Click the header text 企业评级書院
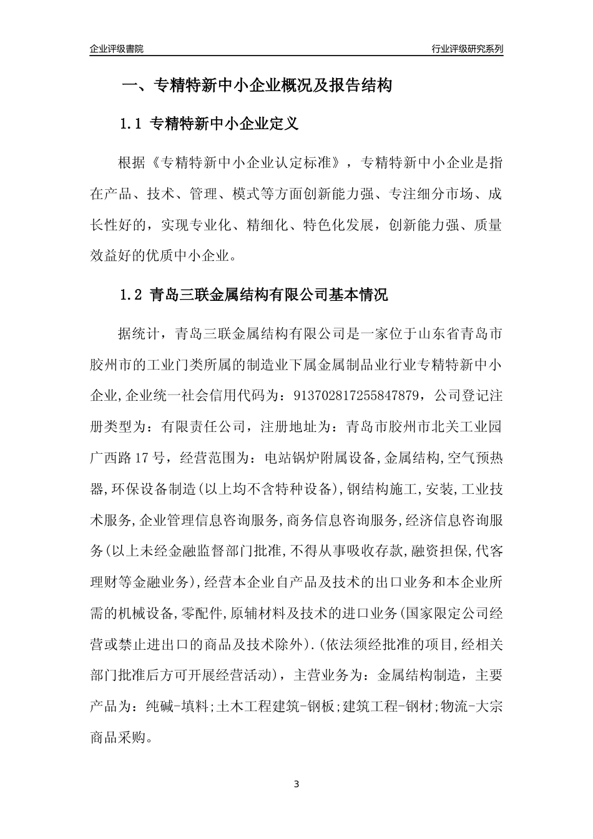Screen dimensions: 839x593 [x=116, y=49]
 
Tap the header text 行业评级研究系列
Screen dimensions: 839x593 [x=467, y=49]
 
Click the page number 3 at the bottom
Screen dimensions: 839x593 [x=296, y=784]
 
